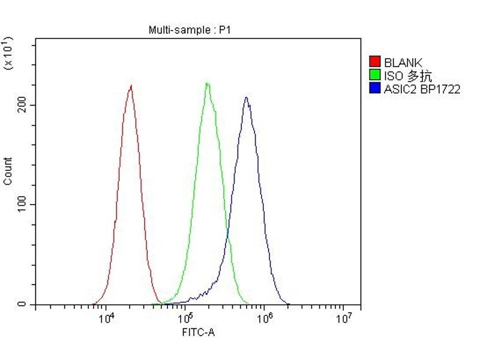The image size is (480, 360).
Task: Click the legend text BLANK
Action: pos(403,62)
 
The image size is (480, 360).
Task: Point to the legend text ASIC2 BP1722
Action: pos(422,89)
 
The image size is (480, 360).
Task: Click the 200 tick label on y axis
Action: pos(22,105)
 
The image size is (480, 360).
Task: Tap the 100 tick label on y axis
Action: pos(22,205)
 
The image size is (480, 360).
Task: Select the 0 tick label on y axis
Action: pos(23,305)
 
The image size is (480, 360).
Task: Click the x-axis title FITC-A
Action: pos(198,332)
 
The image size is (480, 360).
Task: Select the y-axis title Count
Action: pos(8,171)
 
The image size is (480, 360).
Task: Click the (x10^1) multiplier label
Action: pos(8,53)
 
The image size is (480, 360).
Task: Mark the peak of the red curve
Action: pos(131,85)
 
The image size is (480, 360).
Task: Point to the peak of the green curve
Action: pos(207,83)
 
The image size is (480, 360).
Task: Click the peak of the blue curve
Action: pos(245,97)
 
